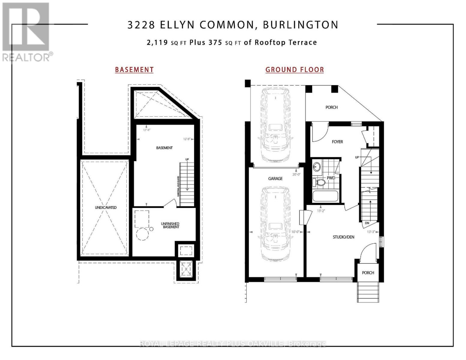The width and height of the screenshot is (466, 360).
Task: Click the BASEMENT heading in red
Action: [134, 70]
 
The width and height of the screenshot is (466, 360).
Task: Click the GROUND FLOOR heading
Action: [294, 70]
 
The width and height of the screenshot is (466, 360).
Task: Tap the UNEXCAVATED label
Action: [106, 208]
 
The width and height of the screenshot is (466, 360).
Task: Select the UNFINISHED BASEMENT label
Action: [170, 225]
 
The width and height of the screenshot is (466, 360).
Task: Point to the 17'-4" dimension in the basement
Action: [146, 130]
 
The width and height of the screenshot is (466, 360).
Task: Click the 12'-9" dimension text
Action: [187, 139]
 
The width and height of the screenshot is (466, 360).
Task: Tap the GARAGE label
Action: [275, 178]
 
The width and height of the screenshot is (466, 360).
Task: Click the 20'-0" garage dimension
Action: [296, 174]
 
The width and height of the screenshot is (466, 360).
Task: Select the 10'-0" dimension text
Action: [296, 232]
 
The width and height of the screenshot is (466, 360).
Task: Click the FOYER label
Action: [337, 142]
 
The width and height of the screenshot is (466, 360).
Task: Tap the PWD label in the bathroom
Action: [331, 178]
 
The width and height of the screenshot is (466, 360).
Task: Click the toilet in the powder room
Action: [319, 182]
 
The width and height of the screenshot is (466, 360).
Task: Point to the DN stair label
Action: [367, 223]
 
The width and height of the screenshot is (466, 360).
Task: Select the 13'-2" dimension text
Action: [321, 211]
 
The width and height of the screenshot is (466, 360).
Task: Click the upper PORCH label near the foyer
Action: [332, 107]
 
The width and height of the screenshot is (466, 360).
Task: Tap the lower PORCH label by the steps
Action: [368, 273]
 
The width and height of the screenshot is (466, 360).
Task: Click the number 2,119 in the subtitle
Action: [157, 43]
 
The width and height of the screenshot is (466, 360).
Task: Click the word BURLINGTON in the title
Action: [301, 25]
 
